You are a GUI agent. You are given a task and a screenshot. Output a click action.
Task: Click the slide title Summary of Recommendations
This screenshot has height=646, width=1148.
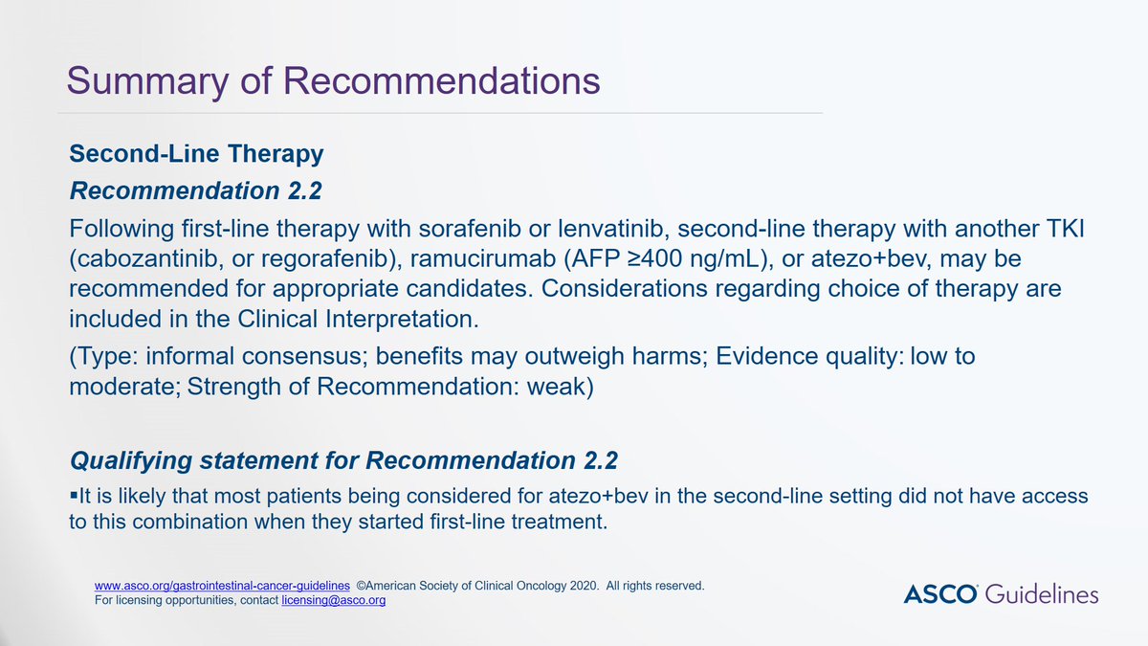pos(333,80)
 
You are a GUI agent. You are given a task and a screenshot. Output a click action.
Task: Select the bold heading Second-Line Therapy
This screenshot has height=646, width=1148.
pos(196,154)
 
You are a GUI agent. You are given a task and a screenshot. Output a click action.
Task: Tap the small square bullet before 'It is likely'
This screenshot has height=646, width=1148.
pos(73,496)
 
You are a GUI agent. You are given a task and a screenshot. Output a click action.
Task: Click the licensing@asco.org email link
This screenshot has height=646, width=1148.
pos(333,601)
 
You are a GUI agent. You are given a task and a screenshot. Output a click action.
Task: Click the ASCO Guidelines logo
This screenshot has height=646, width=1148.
pos(1001,594)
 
